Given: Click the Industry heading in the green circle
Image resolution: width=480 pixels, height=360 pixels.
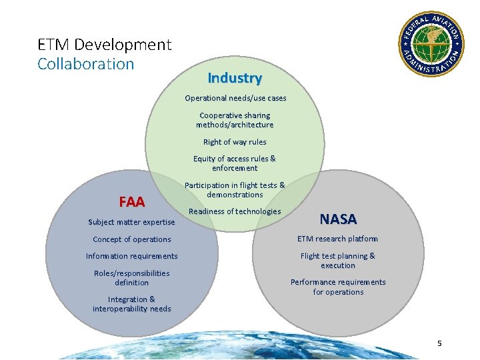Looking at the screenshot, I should [x=235, y=78].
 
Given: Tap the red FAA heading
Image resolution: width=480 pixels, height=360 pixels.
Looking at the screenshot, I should [x=132, y=201].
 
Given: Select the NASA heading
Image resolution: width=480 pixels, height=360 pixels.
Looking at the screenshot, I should [x=338, y=219].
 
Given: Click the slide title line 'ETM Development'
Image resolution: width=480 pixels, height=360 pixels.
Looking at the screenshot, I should [x=105, y=45].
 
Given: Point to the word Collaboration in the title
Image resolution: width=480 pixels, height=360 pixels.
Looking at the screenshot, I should [x=86, y=64].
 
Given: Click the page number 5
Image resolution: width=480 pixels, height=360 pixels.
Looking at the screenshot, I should [x=439, y=343].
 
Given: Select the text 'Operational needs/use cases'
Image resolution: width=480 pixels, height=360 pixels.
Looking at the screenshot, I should [x=235, y=98].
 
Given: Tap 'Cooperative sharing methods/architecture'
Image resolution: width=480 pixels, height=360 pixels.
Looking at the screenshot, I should [x=235, y=120].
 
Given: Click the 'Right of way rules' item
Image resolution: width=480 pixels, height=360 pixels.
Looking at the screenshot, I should [x=235, y=142].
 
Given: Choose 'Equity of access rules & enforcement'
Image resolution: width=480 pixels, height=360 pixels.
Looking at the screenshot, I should [x=235, y=163].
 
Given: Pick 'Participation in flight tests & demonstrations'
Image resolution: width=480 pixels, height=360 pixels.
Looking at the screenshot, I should [x=235, y=190].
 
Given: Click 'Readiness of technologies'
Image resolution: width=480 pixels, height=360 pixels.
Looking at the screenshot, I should [x=235, y=211].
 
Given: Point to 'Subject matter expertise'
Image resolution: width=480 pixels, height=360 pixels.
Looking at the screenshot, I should [x=131, y=222].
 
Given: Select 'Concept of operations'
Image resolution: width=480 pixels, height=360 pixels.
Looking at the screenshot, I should [x=132, y=239].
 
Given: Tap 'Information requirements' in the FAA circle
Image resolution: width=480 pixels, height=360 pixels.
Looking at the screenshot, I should [x=132, y=256].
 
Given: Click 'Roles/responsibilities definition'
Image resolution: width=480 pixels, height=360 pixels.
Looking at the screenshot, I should [x=132, y=278].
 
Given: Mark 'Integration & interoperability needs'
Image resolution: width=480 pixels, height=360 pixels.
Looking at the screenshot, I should [x=132, y=304].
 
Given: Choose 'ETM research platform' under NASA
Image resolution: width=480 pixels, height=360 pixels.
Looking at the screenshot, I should [x=337, y=239].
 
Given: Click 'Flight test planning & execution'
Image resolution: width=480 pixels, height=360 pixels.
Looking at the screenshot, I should [x=338, y=261].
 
